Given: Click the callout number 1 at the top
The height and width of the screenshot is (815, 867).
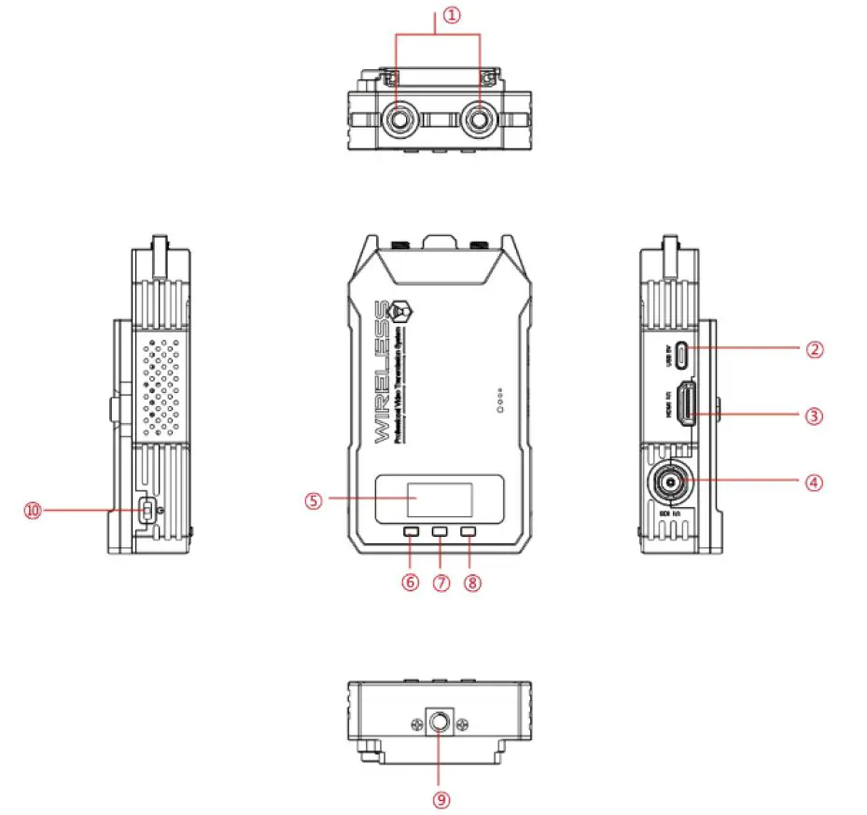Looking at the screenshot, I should (x=452, y=16).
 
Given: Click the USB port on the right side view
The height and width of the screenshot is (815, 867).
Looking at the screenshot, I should (x=684, y=355).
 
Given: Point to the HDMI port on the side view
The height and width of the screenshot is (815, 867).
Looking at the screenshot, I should (x=686, y=407).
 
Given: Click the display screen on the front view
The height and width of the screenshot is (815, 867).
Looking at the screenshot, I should (x=440, y=500).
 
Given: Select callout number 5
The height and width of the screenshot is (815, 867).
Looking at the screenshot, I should (x=313, y=499).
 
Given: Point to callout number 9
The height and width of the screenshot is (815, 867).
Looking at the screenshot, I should (x=440, y=799).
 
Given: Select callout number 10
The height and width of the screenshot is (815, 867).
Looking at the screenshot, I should (x=34, y=510).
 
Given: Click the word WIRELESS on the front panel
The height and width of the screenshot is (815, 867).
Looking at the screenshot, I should (x=383, y=373).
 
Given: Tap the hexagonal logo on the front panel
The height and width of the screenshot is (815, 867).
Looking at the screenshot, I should (x=403, y=309).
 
